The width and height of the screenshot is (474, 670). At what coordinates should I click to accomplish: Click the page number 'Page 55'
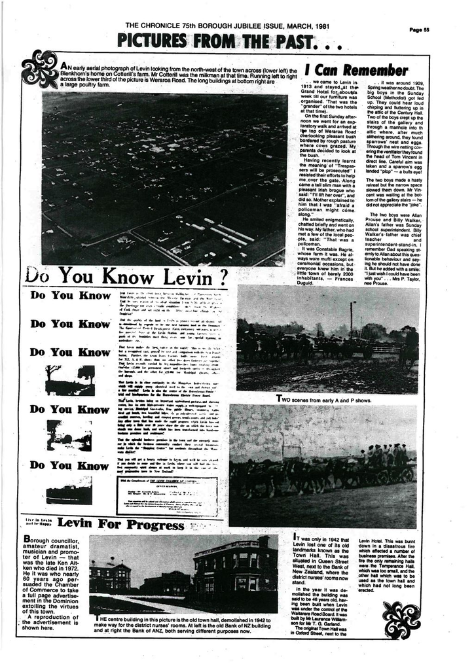coord(419,29)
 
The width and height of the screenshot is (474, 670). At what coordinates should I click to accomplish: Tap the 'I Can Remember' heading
coord(357,70)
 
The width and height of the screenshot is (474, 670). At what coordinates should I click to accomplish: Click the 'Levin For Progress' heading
coord(120,524)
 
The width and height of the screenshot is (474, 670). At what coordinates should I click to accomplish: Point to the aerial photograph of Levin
coord(164,178)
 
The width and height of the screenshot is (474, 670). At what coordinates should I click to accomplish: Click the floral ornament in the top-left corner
coord(41,69)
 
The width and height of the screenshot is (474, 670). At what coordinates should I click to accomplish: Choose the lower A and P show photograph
coord(323,466)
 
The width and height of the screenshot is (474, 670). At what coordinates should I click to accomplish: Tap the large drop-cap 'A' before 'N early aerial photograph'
coord(64,67)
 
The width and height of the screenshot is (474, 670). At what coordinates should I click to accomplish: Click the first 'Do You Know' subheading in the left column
coord(71,296)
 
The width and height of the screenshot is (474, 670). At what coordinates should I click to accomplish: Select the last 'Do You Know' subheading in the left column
coord(71,465)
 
